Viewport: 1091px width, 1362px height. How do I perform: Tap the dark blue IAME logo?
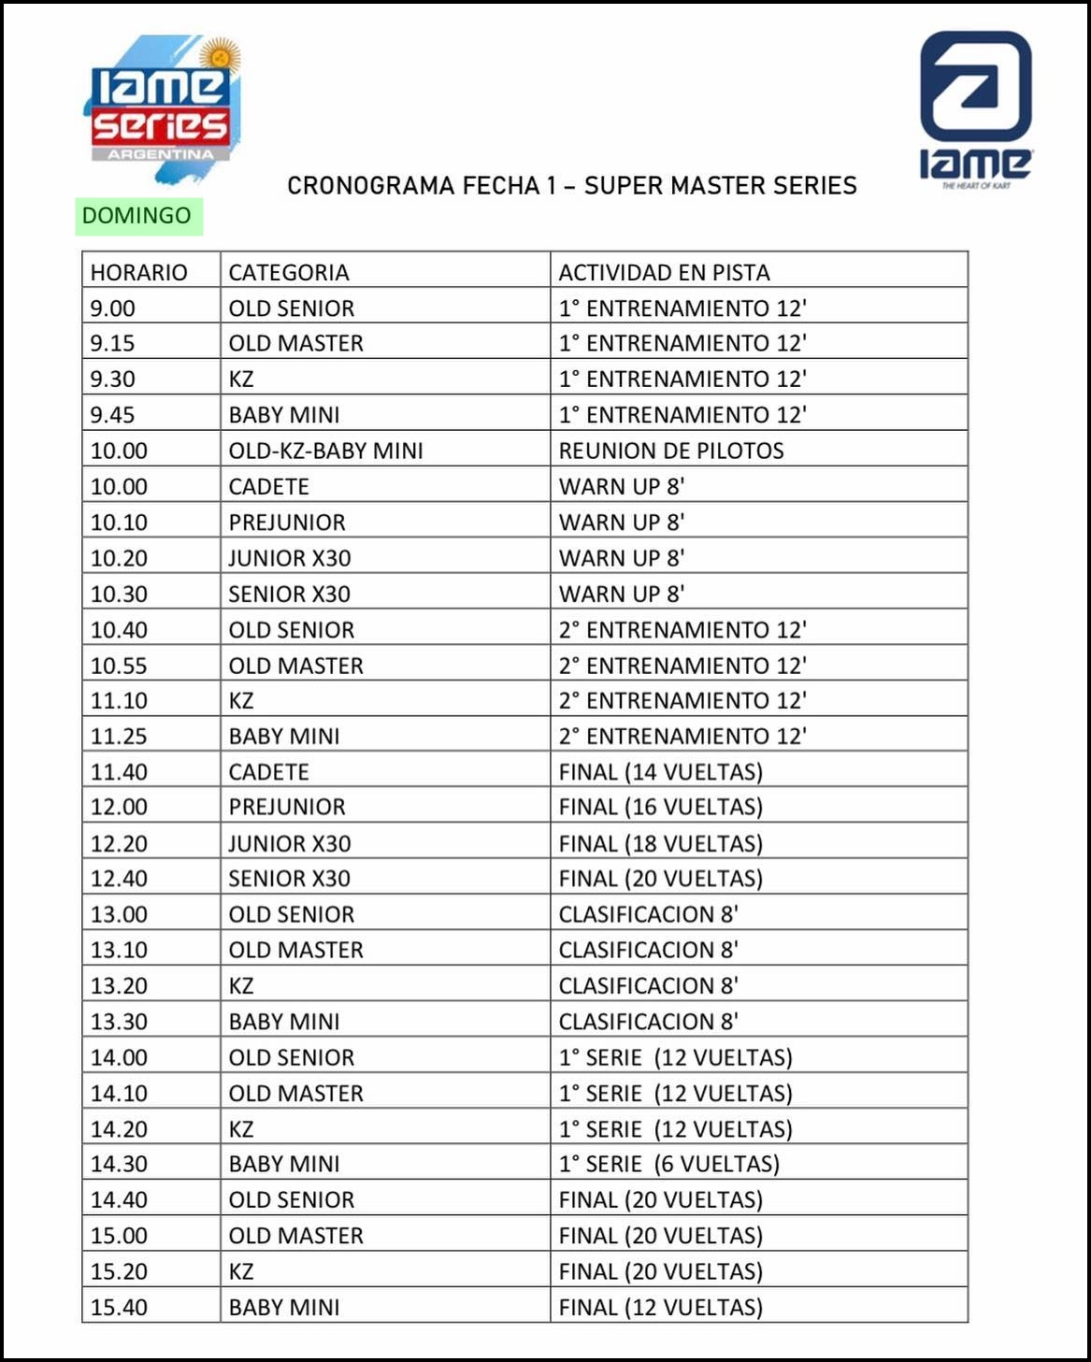tap(975, 108)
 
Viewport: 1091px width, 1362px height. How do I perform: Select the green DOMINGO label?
tap(137, 216)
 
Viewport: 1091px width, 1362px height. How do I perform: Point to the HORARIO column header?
tap(138, 273)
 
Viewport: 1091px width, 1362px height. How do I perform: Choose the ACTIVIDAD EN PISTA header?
tap(664, 273)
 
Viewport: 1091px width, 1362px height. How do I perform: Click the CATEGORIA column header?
tap(289, 273)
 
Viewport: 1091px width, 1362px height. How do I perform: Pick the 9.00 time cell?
tap(113, 308)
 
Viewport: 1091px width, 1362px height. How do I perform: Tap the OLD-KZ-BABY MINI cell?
tap(325, 451)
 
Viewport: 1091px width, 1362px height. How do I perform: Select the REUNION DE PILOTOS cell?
tap(671, 451)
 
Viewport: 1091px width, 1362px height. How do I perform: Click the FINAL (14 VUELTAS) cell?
tap(660, 772)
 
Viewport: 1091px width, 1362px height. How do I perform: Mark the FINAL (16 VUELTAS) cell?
tap(660, 807)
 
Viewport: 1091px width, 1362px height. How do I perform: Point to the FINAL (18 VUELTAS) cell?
tap(660, 843)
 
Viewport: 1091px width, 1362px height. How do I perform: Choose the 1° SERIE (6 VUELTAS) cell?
tap(668, 1164)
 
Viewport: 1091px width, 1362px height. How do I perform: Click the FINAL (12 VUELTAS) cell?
tap(660, 1307)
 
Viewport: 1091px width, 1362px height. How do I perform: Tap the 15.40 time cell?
tap(119, 1307)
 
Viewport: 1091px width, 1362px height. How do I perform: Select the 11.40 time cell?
tap(119, 772)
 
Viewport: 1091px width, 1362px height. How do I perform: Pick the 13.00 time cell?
tap(119, 914)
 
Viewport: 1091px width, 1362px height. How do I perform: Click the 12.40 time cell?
tap(119, 879)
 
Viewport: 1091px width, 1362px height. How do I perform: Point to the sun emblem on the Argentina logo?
tap(221, 56)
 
